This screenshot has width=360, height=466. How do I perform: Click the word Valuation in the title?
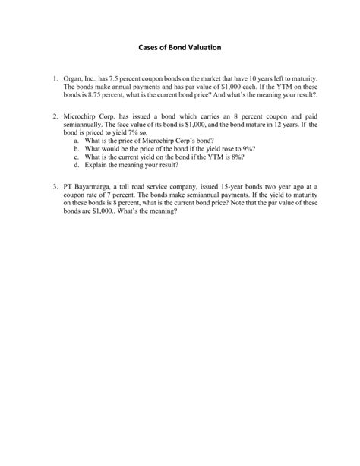coord(200,48)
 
